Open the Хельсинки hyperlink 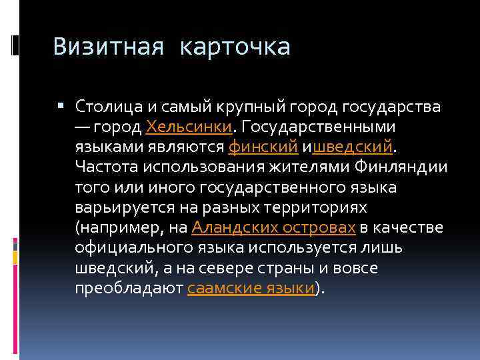click(x=188, y=127)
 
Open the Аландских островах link click(x=273, y=228)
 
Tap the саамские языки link click(x=251, y=289)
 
